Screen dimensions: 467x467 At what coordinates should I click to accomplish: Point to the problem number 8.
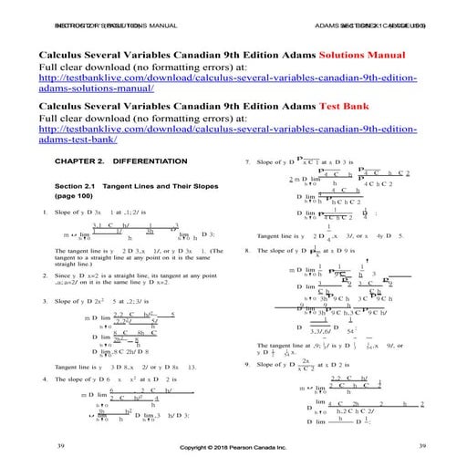[x=248, y=249]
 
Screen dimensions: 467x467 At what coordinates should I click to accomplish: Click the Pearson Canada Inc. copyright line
[x=233, y=449]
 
